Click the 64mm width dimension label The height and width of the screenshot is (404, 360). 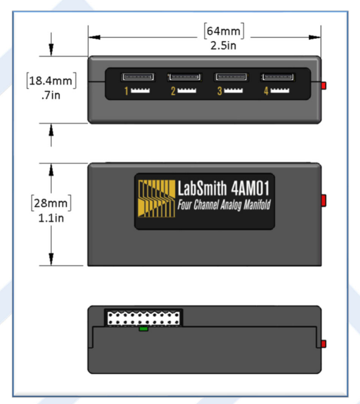pos(224,31)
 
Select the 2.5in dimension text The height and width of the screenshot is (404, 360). pos(223,46)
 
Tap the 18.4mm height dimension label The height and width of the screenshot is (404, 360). pos(51,81)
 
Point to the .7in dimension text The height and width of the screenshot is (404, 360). pos(51,95)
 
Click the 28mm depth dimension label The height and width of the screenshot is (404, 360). pos(51,203)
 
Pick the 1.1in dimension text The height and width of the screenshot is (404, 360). pos(51,218)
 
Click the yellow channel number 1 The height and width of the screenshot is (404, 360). pos(126,91)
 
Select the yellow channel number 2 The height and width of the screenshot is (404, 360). pos(173,91)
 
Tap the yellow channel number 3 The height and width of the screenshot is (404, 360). pos(219,91)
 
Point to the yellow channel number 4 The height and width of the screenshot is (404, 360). pos(266,91)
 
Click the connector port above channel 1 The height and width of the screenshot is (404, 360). pos(138,77)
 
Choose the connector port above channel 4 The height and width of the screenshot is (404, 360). pos(277,77)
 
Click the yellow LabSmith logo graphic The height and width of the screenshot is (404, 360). pos(156,198)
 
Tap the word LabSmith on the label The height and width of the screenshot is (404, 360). pos(202,188)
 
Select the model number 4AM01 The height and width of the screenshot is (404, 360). pos(250,188)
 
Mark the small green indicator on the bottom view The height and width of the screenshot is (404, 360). pos(143,329)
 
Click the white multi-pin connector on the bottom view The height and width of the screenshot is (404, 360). pos(143,318)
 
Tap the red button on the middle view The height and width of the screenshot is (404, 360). pos(323,200)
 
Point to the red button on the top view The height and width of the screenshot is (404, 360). pos(323,85)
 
